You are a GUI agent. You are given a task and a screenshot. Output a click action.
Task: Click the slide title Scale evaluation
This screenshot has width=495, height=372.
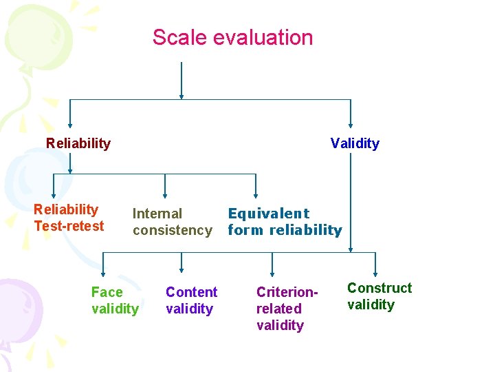[232, 37]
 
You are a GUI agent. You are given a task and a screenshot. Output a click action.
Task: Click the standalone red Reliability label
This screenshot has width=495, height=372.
[78, 143]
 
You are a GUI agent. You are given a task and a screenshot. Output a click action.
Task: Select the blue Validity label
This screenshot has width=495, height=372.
[355, 143]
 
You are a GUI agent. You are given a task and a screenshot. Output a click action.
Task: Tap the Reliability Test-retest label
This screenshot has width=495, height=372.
[69, 218]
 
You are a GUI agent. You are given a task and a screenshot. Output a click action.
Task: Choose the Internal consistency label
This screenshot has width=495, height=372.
[172, 222]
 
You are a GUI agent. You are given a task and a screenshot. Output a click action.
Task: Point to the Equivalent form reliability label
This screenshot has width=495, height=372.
[285, 222]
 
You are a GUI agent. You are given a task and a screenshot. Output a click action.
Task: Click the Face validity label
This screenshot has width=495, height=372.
[115, 300]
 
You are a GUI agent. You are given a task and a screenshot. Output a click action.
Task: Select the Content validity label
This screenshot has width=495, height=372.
[191, 300]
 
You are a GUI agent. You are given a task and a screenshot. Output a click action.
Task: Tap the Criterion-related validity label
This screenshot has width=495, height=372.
[287, 309]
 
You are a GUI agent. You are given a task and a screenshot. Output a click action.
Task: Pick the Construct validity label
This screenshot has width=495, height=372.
[379, 296]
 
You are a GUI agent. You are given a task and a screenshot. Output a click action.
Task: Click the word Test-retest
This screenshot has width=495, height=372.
[69, 226]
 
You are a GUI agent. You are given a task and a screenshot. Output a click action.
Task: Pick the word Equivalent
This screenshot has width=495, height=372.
[269, 214]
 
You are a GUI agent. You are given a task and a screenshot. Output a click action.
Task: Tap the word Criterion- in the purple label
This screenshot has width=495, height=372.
[287, 292]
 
